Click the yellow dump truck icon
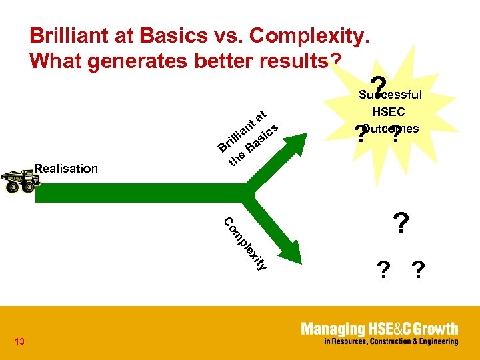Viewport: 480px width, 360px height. (x=19, y=181)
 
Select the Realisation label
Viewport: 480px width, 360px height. (x=65, y=169)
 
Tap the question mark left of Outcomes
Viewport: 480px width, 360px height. (x=361, y=135)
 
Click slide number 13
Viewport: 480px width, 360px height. (x=19, y=342)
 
